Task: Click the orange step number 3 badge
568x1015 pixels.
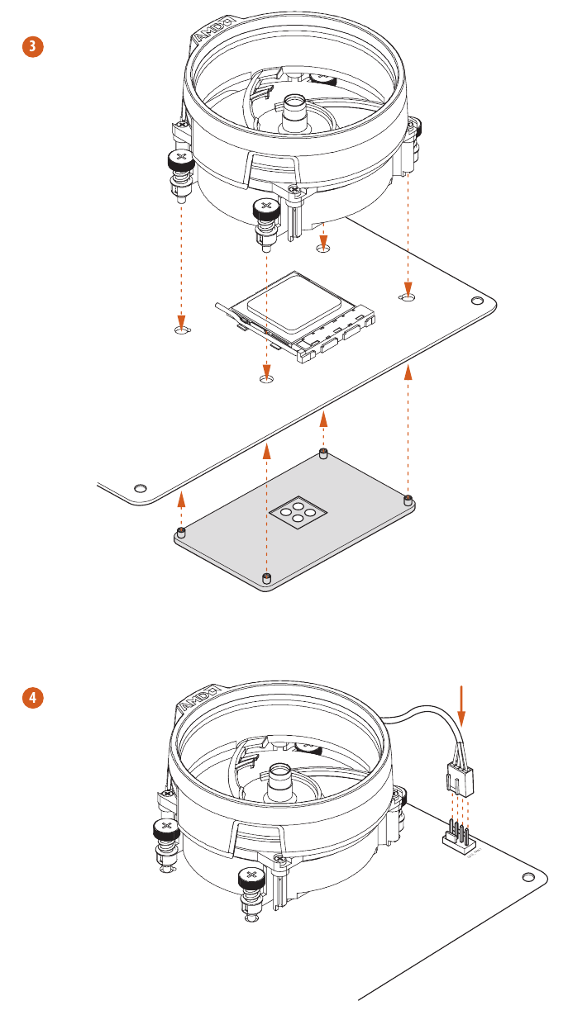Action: point(31,47)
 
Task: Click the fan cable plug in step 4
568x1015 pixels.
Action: point(457,776)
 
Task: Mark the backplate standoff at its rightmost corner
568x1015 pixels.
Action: point(408,500)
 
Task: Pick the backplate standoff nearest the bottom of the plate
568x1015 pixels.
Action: point(265,576)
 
